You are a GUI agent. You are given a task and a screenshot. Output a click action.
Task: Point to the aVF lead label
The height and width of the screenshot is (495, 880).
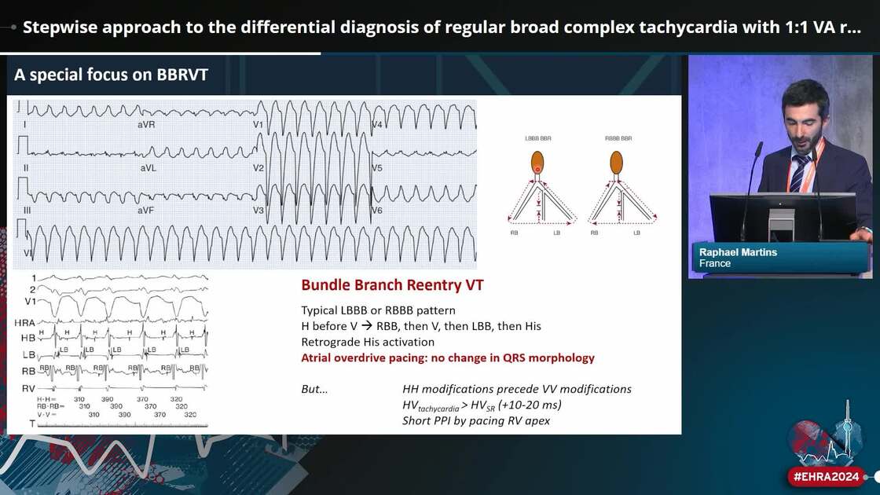point(146,211)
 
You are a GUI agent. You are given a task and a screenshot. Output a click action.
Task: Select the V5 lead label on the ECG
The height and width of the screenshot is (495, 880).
point(377,168)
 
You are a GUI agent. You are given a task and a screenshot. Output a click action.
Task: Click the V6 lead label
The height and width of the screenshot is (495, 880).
point(377,211)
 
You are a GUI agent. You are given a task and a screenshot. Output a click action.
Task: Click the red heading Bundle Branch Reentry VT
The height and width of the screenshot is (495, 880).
point(393,285)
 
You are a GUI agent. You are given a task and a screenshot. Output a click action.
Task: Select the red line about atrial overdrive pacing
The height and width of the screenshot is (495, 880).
point(448,357)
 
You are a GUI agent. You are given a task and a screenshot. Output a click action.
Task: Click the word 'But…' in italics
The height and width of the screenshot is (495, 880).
point(314,389)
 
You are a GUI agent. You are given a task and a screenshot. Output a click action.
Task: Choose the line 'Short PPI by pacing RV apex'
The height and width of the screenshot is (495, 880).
point(475,420)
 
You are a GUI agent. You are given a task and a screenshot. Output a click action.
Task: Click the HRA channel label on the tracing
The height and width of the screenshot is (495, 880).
point(24,323)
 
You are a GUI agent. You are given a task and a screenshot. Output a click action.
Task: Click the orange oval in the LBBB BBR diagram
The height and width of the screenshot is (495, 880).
point(537,163)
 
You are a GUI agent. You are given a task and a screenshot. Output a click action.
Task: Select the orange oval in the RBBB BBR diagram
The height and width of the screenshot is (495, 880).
point(616,163)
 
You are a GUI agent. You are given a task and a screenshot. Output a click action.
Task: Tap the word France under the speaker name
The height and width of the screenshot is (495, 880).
point(715,263)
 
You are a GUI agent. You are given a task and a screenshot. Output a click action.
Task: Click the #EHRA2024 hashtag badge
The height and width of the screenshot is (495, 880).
point(827,477)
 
